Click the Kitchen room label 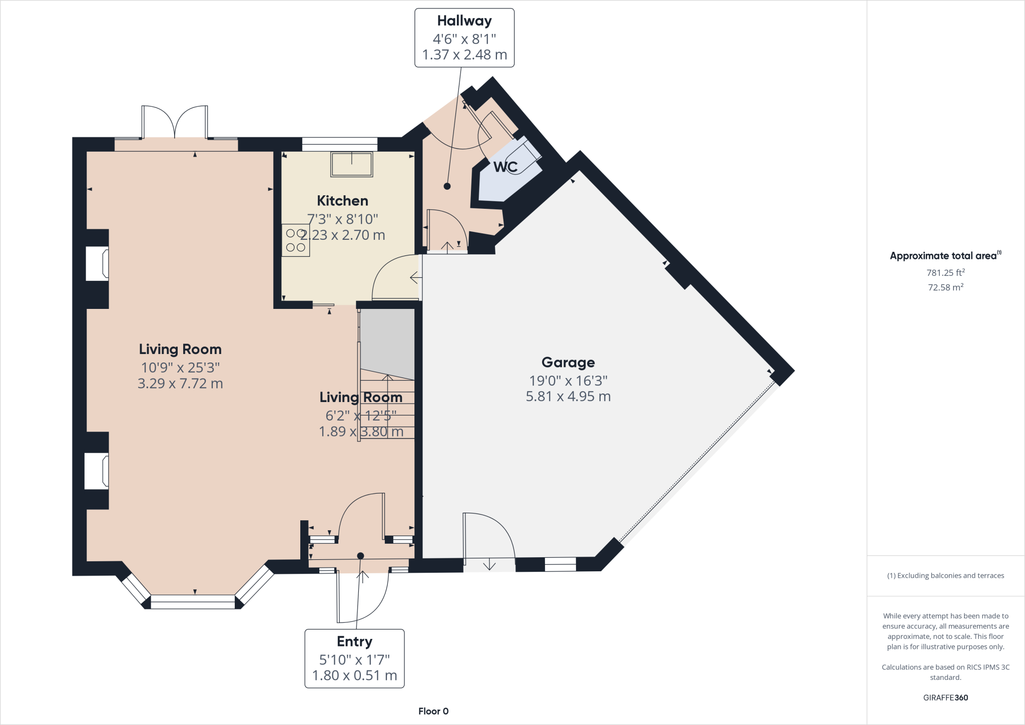[342, 201]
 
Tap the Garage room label [568, 363]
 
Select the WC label [505, 167]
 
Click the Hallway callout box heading [464, 21]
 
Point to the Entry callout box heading [354, 642]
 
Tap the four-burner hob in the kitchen [295, 240]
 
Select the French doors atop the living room [175, 123]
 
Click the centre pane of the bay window [193, 601]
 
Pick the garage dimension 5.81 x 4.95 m [568, 397]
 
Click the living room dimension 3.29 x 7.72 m [180, 384]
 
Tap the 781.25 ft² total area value [945, 273]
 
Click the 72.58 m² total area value [945, 287]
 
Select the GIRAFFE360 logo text [945, 697]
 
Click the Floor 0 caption [433, 711]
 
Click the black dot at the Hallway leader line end [447, 186]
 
